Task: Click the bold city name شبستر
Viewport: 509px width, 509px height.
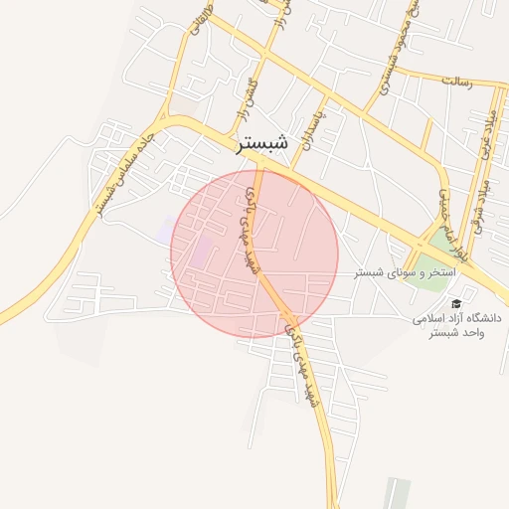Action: (263, 143)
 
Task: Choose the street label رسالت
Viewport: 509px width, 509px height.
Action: (465, 80)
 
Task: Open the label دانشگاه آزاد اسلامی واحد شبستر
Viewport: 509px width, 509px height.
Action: (456, 325)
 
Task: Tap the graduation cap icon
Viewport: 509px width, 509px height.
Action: (456, 304)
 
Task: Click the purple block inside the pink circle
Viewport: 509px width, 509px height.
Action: (202, 250)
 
